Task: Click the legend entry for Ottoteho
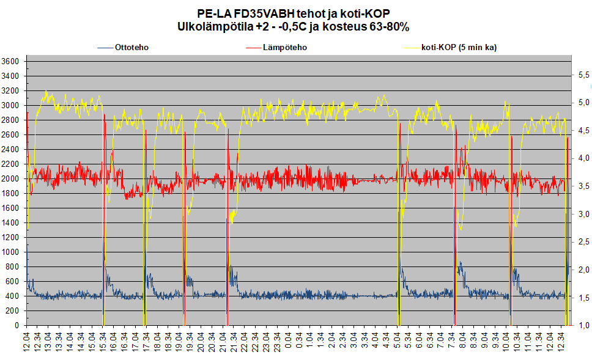pyautogui.click(x=131, y=47)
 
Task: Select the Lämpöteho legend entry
pyautogui.click(x=285, y=47)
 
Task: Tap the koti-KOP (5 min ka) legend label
pyautogui.click(x=459, y=47)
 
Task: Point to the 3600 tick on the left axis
pyautogui.click(x=12, y=62)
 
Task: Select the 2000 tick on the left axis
pyautogui.click(x=12, y=179)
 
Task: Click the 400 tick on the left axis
pyautogui.click(x=13, y=296)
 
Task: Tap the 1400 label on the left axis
pyautogui.click(x=12, y=223)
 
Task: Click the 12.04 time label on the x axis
pyautogui.click(x=27, y=340)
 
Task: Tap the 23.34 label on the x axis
pyautogui.click(x=278, y=340)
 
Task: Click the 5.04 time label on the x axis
pyautogui.click(x=399, y=340)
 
